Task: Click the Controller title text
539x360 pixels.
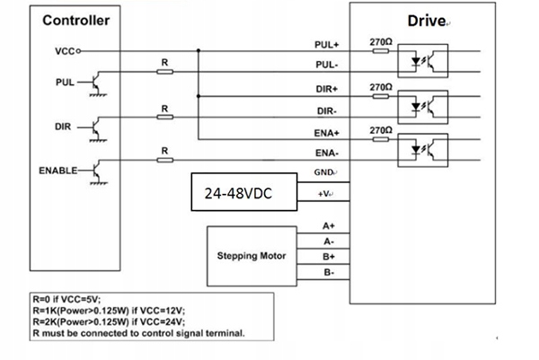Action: coord(77,20)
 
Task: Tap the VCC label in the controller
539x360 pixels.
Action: coord(64,51)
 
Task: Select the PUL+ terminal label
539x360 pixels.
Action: coord(326,44)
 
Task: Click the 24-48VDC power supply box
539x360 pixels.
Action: coord(241,191)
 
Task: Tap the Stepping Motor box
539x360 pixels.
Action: coord(252,256)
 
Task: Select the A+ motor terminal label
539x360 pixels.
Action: coord(329,225)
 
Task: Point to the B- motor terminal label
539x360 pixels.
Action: coord(329,271)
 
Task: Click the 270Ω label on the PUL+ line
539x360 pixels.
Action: coord(380,40)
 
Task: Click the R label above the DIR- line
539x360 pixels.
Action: coord(164,107)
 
